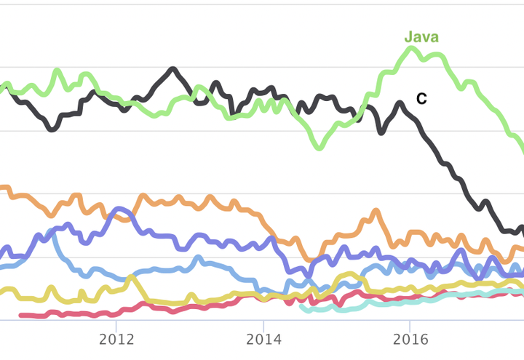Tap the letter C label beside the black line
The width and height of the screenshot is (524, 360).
point(421,99)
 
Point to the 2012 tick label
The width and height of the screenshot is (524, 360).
point(116,340)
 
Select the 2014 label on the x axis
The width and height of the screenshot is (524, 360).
point(263,340)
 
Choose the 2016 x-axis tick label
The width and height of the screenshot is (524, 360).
point(410,340)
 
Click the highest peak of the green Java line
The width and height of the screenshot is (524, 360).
point(411,49)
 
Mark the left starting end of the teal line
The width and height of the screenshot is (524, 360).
point(302,306)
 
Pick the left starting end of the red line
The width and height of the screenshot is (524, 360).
point(20,315)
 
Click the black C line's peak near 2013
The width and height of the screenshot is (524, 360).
point(173,69)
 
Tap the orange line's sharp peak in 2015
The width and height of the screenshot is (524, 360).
point(376,212)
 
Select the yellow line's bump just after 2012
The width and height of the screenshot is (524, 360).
point(131,277)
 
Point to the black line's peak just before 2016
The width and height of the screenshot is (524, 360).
point(400,103)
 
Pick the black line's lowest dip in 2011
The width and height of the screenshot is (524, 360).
point(52,129)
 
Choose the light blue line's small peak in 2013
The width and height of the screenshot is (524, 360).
point(197,257)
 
